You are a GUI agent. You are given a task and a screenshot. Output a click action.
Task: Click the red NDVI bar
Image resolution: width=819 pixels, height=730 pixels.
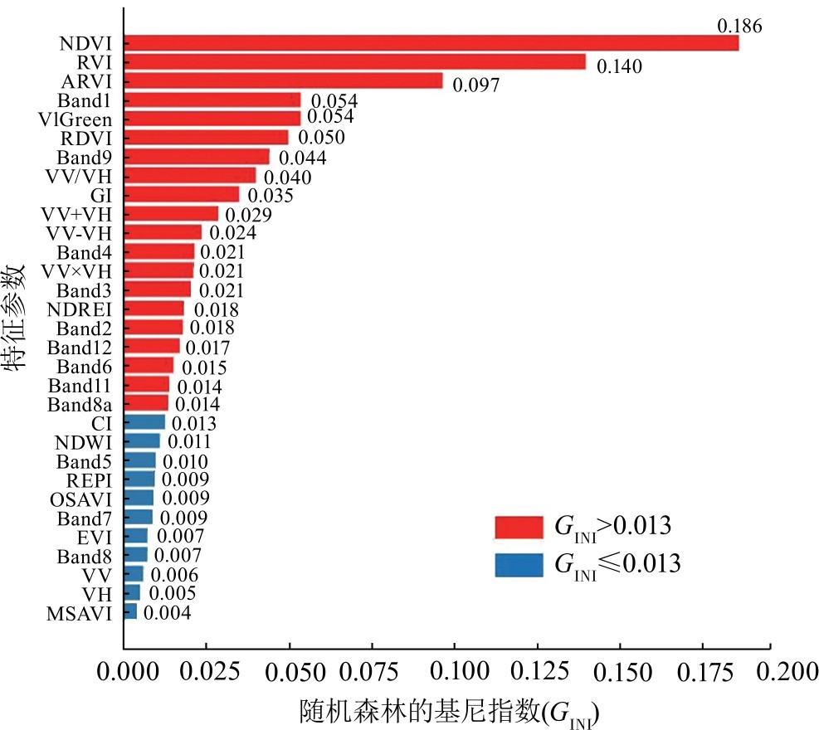pyautogui.click(x=431, y=43)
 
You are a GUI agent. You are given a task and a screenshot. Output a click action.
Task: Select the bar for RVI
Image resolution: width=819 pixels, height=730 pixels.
pyautogui.click(x=354, y=62)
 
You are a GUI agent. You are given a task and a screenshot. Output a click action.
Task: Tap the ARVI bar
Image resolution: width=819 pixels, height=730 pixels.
pyautogui.click(x=283, y=81)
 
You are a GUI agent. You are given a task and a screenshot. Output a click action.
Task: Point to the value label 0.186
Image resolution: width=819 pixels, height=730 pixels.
pyautogui.click(x=739, y=26)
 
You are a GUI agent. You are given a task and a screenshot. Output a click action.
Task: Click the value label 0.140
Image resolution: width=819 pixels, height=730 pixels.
pyautogui.click(x=619, y=67)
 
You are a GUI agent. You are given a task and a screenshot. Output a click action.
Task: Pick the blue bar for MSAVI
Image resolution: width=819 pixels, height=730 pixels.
pyautogui.click(x=130, y=612)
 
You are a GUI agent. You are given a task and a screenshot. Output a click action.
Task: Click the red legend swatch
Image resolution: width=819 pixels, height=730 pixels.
pyautogui.click(x=519, y=527)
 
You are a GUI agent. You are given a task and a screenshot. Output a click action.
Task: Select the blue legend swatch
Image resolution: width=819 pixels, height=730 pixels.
pyautogui.click(x=519, y=564)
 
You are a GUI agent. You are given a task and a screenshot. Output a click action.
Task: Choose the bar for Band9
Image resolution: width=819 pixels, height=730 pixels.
pyautogui.click(x=197, y=157)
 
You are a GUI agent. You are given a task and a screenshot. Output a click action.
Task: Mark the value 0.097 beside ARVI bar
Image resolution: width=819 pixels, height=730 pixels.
pyautogui.click(x=476, y=85)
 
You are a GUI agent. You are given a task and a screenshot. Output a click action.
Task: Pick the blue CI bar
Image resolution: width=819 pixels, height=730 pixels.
pyautogui.click(x=144, y=422)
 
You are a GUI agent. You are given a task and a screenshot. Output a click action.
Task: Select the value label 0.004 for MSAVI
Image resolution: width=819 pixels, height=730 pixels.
pyautogui.click(x=167, y=614)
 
